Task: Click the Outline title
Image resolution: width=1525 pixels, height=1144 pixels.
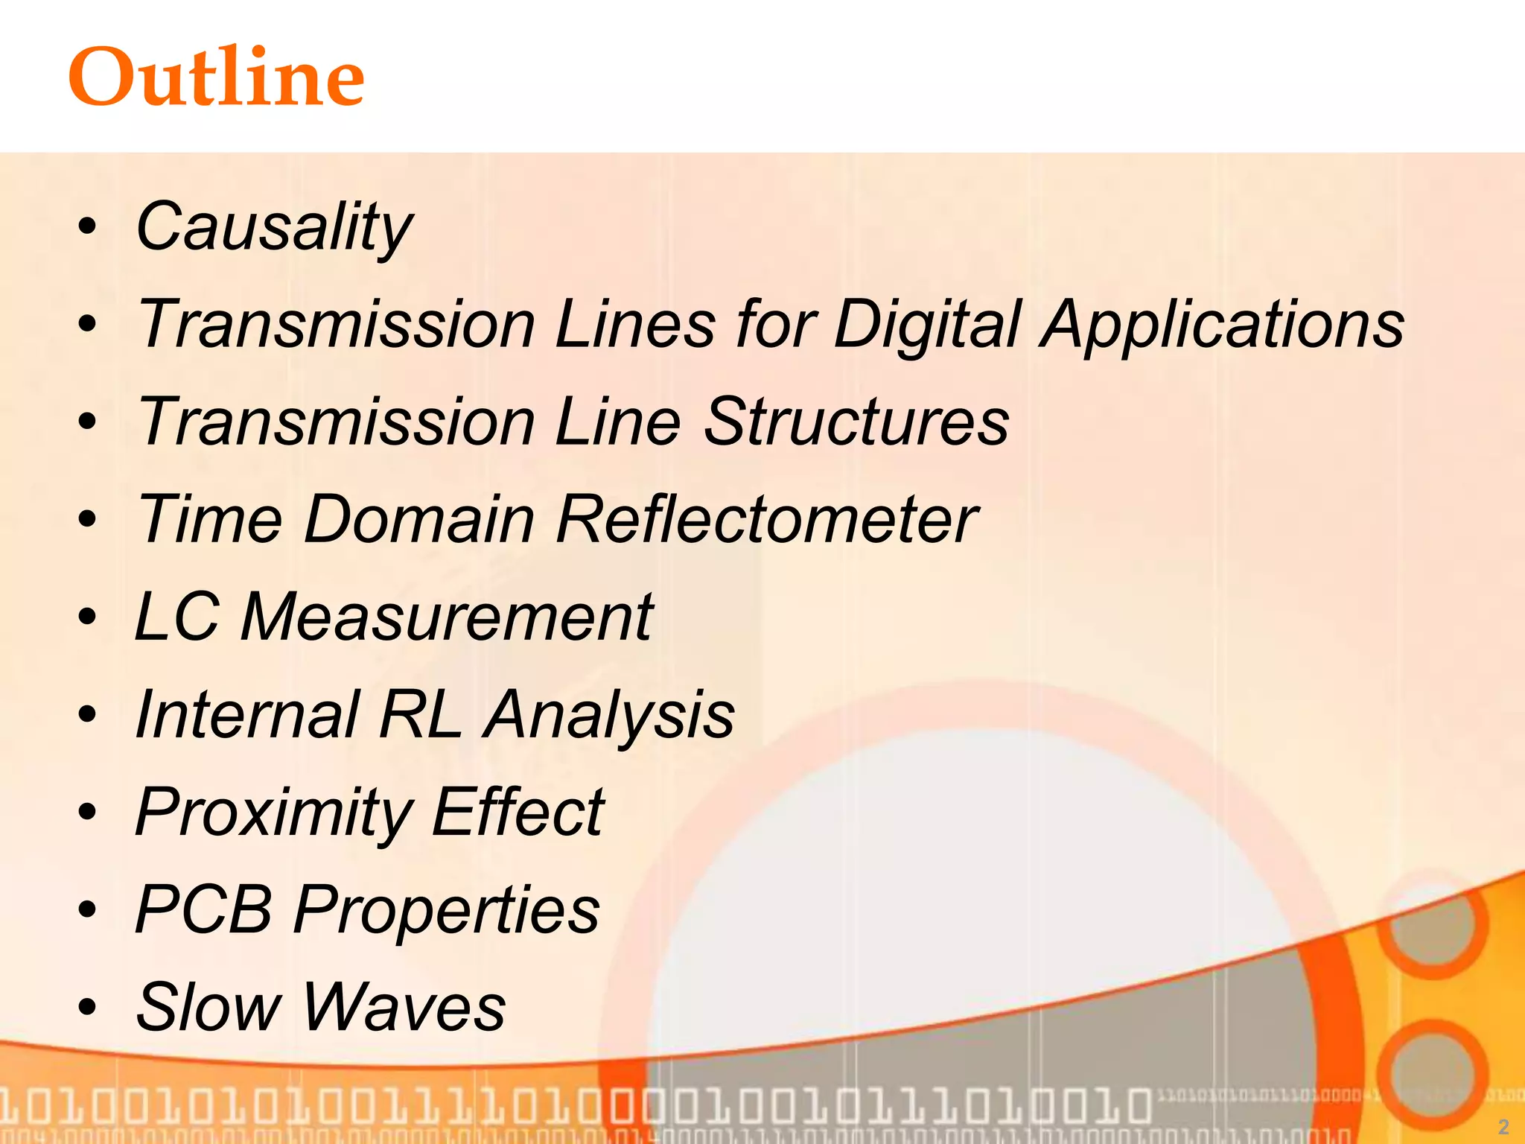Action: click(x=216, y=76)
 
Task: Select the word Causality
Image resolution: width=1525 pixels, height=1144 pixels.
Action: click(x=274, y=227)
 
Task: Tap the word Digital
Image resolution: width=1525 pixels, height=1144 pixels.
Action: click(x=927, y=325)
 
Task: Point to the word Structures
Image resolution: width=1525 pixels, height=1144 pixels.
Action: click(x=856, y=422)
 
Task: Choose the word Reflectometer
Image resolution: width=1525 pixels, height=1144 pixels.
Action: click(x=767, y=519)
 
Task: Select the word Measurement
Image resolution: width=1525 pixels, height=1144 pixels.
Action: click(x=447, y=617)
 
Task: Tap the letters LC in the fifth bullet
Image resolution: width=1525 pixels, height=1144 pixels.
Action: click(x=177, y=617)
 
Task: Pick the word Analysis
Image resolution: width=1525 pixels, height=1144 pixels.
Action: click(x=609, y=714)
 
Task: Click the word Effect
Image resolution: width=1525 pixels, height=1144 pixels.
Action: click(x=518, y=812)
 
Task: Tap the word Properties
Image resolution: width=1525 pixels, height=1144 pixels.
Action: click(x=447, y=909)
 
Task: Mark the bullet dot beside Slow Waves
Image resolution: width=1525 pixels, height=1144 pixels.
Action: click(x=88, y=1008)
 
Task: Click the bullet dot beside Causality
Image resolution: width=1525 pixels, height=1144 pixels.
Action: click(x=88, y=227)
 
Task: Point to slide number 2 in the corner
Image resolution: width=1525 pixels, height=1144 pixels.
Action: click(x=1503, y=1126)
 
